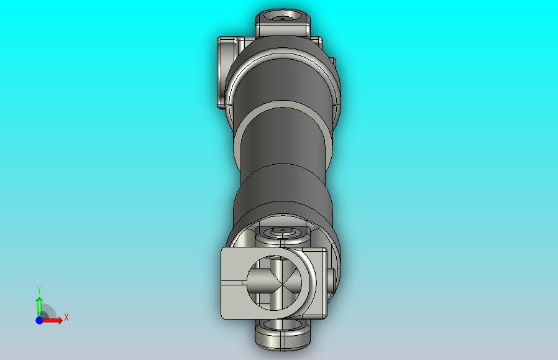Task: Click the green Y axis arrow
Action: tap(39, 307)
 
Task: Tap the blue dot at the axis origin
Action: tap(39, 320)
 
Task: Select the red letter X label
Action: tap(66, 317)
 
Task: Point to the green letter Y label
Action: tap(39, 290)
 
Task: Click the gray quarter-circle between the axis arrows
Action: tap(48, 312)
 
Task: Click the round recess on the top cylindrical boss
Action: tap(283, 16)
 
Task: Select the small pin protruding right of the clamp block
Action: tap(331, 280)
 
